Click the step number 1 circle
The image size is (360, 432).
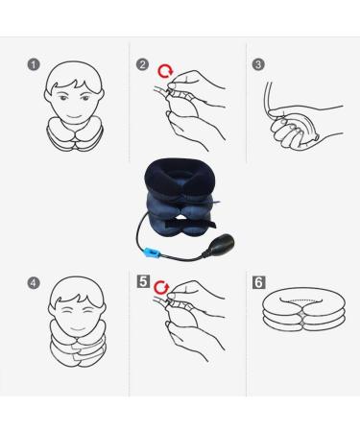click(34, 64)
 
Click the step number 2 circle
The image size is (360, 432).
click(142, 64)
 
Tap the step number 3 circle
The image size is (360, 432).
click(258, 64)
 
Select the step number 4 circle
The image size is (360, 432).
click(34, 283)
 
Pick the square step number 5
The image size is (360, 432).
click(143, 281)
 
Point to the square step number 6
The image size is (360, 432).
click(259, 282)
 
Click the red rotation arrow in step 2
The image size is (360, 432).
click(165, 72)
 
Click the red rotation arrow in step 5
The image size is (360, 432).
click(161, 288)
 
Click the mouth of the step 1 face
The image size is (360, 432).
click(75, 116)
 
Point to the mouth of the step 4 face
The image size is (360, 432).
click(79, 328)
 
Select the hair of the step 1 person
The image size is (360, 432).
click(74, 77)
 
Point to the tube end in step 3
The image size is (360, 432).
click(269, 84)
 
